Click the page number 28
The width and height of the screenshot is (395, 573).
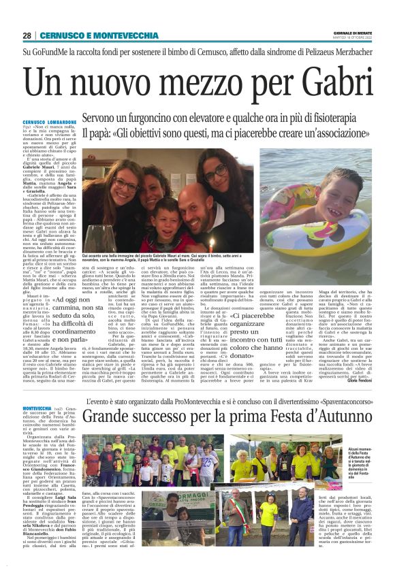click(x=27, y=35)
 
